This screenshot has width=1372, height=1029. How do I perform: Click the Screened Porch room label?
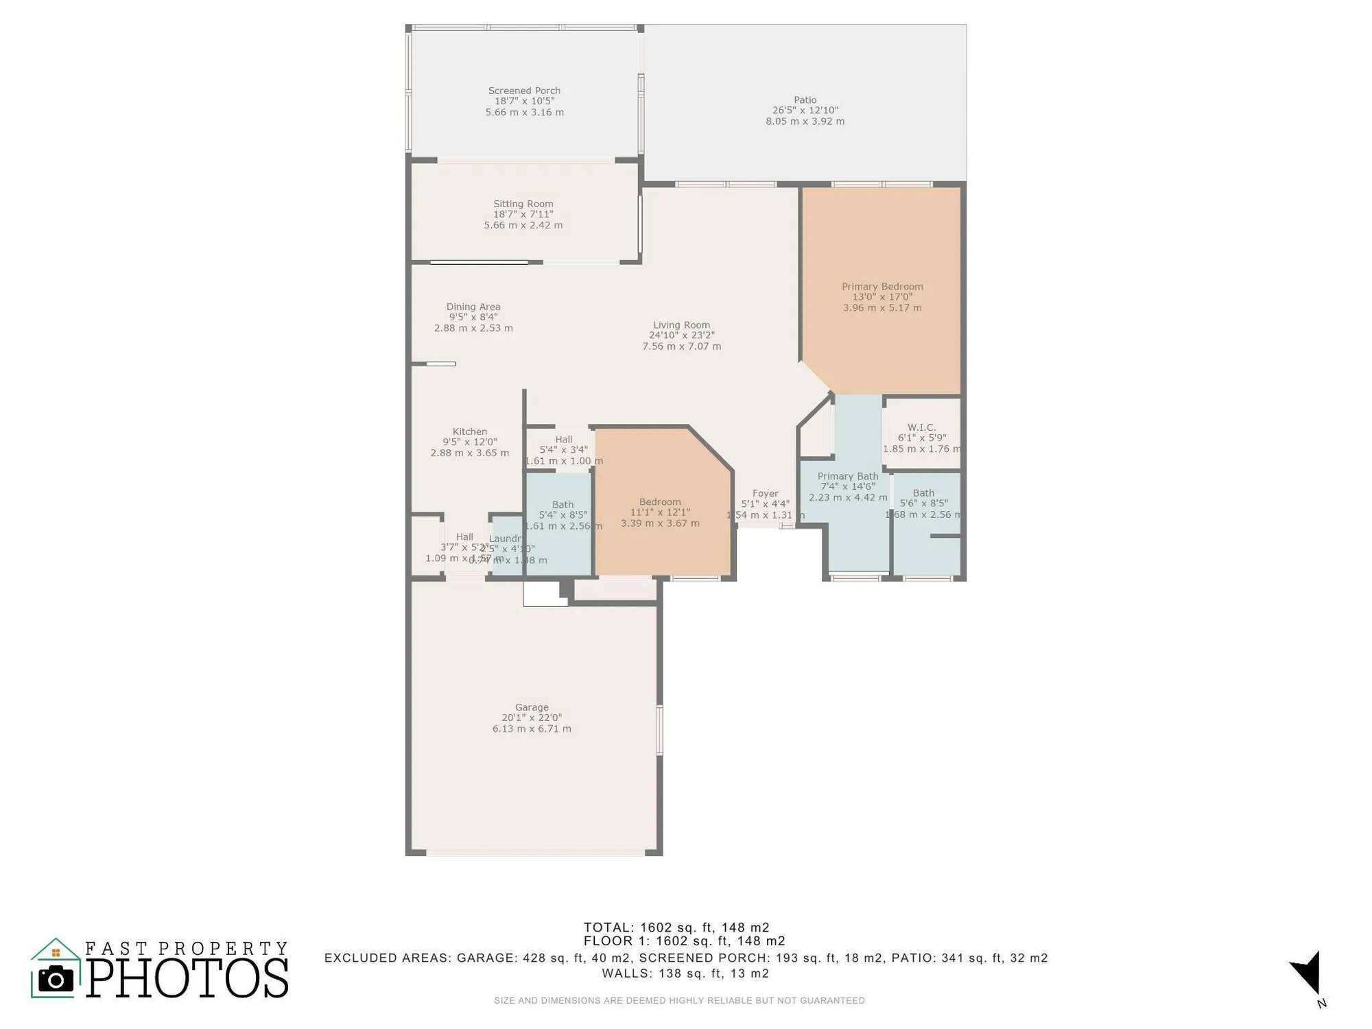pos(524,91)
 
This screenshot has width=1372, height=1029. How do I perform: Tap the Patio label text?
pos(805,100)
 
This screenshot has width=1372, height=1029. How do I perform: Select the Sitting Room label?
pos(523,204)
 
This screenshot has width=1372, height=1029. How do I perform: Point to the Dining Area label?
pos(473,307)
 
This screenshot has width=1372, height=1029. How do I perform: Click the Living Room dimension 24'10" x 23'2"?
pos(681,335)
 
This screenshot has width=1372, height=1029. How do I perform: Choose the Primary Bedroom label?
pos(882,287)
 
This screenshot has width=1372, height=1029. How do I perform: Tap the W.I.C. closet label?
pos(921,427)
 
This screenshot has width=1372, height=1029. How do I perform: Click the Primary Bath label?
pos(847,476)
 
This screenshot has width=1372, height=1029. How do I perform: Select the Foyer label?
pos(765,493)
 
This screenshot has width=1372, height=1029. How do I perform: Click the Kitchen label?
pos(469,431)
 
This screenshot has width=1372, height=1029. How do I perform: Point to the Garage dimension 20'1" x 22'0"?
pos(531,718)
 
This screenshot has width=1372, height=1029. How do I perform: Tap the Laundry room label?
pos(506,539)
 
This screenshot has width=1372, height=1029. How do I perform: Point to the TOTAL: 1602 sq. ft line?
pos(676,927)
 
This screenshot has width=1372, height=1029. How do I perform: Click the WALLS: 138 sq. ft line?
pos(685,973)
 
